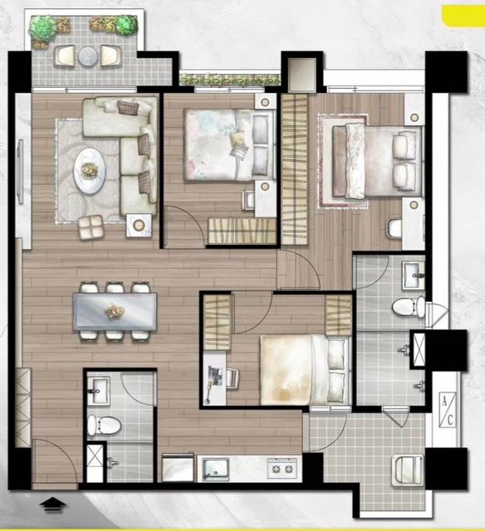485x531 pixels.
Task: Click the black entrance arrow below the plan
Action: point(52,504)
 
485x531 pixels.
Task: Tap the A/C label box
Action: point(448,410)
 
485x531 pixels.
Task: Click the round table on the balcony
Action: point(88,56)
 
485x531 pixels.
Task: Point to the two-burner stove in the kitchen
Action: point(282,468)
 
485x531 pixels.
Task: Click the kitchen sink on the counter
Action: point(216,470)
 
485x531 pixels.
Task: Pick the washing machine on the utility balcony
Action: point(408,470)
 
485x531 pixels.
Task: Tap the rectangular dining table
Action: point(115,312)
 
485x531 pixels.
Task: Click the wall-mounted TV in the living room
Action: point(21,172)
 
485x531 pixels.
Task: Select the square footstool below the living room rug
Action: point(91,227)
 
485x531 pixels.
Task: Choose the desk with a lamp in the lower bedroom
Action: point(214,378)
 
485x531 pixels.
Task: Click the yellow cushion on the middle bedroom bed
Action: point(237,139)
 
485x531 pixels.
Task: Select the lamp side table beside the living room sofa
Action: point(139,225)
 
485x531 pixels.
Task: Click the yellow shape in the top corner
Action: point(463,16)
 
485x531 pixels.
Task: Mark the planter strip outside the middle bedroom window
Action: point(230,80)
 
